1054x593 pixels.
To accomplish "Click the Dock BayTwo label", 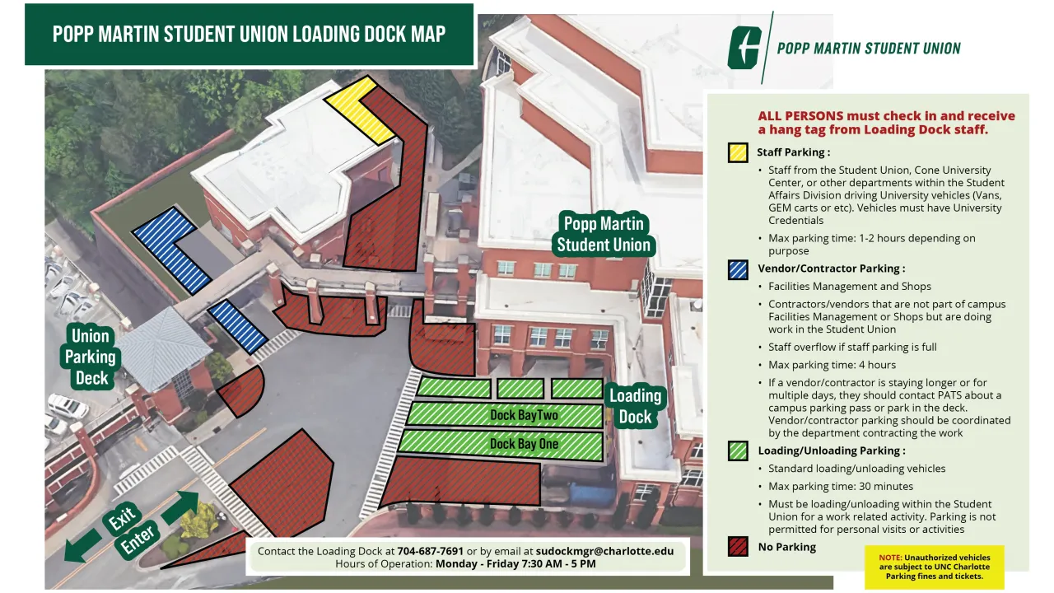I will pos(524,415).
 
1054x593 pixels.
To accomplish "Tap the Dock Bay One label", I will pos(524,444).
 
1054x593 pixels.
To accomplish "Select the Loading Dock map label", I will pos(635,406).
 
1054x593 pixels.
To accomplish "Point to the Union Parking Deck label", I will pos(91,357).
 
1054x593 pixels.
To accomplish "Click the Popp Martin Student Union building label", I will pos(604,235).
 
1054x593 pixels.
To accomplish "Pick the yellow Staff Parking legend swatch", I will pos(738,152).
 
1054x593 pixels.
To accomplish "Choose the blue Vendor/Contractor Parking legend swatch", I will pos(738,268).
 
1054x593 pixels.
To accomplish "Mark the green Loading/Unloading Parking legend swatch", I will pos(738,451).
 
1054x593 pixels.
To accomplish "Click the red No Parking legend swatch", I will pos(738,547).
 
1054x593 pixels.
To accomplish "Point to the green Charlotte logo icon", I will pos(744,48).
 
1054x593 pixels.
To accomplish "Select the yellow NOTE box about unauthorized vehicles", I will pos(935,567).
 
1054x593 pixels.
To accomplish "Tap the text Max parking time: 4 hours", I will pos(832,365).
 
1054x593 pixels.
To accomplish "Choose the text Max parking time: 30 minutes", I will pos(840,486).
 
